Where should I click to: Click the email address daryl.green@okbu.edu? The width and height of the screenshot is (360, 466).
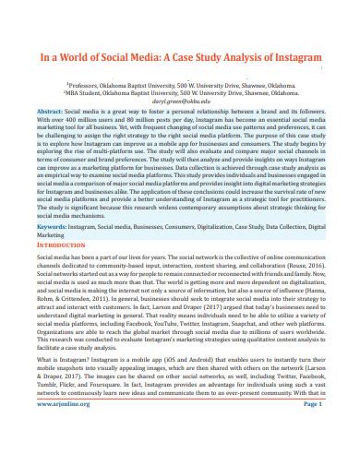click(x=179, y=102)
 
